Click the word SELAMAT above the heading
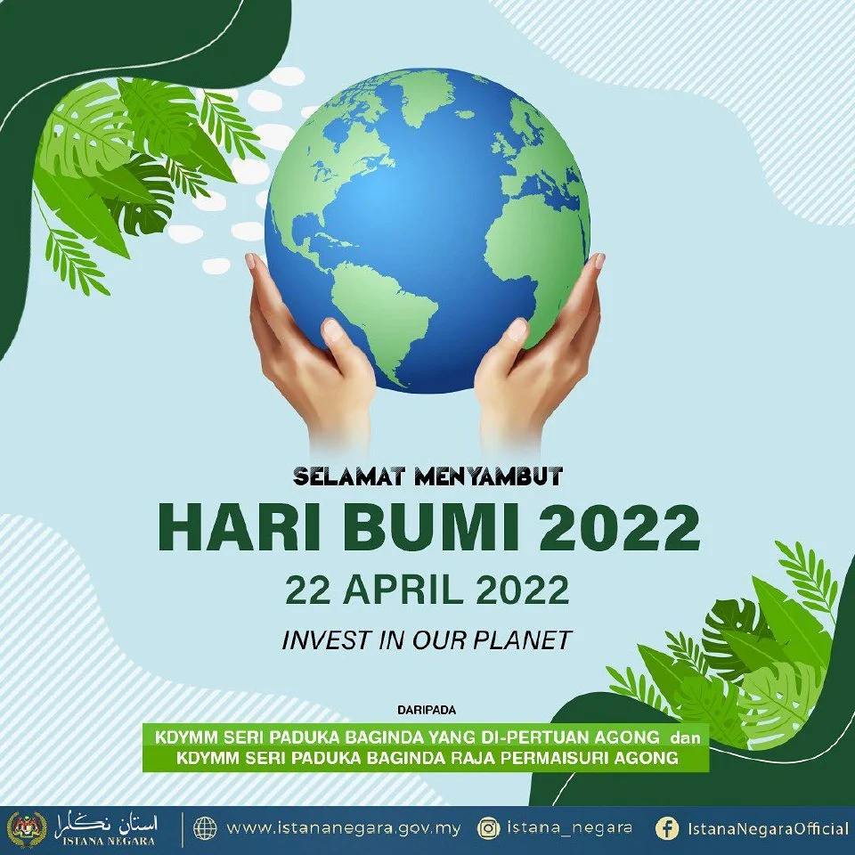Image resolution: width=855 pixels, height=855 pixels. [349, 476]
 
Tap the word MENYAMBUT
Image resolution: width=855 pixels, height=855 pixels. [489, 476]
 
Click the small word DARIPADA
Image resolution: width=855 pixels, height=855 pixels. [427, 710]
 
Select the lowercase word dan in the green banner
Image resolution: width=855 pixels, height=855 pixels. [685, 737]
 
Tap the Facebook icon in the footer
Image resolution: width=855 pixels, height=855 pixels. [667, 829]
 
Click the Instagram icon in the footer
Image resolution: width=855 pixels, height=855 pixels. [489, 829]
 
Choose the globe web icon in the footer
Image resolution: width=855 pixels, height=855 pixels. [205, 829]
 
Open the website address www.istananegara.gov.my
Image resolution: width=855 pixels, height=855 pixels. [344, 829]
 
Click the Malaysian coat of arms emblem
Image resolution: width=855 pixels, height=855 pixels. [28, 829]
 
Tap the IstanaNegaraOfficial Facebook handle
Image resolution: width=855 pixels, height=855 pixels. [769, 829]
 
